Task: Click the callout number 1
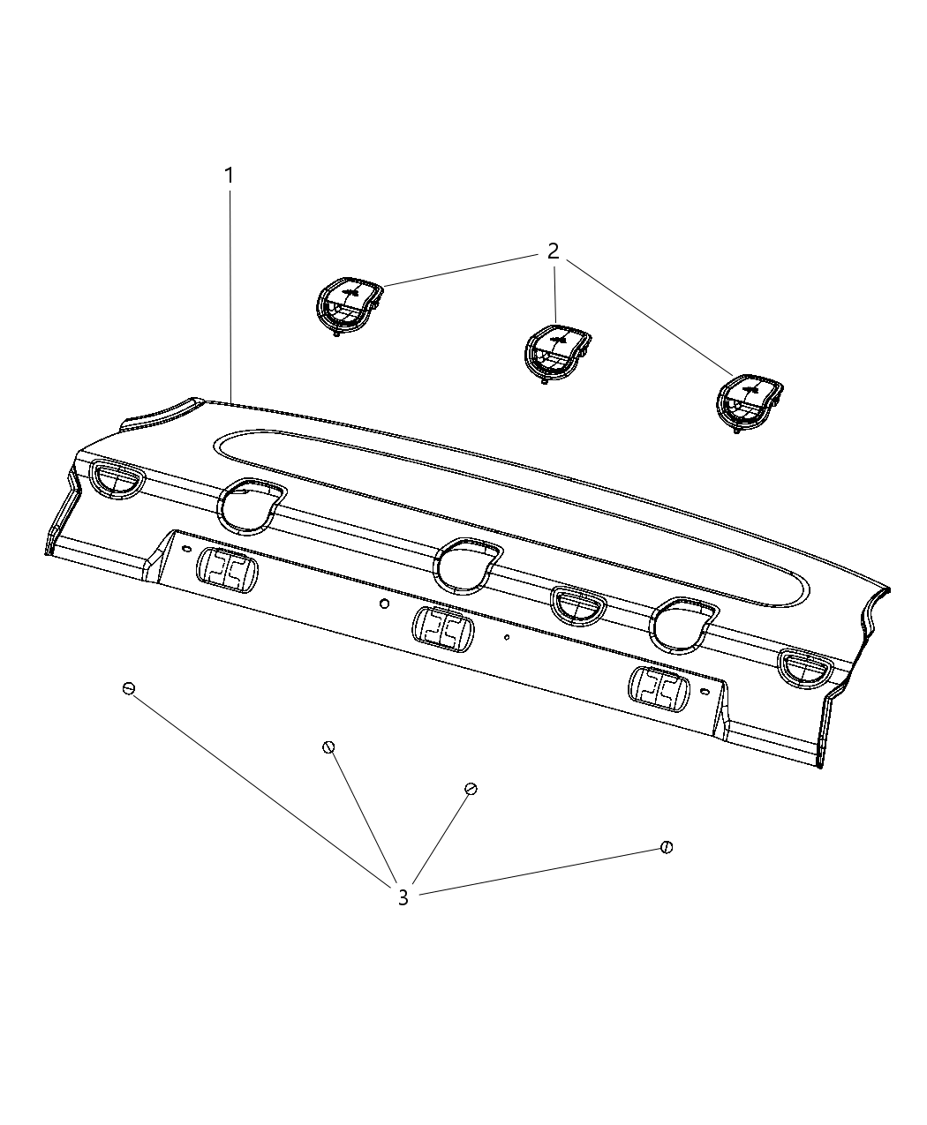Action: [229, 176]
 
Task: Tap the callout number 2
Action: [553, 251]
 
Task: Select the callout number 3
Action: [403, 898]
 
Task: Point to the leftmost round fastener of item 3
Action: [129, 688]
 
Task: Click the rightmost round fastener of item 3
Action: [667, 848]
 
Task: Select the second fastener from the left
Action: [328, 747]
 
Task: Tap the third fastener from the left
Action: [471, 789]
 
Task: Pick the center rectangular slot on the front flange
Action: [442, 629]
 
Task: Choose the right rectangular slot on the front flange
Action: [659, 688]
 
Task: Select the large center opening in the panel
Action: [468, 566]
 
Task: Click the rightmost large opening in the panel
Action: [685, 622]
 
